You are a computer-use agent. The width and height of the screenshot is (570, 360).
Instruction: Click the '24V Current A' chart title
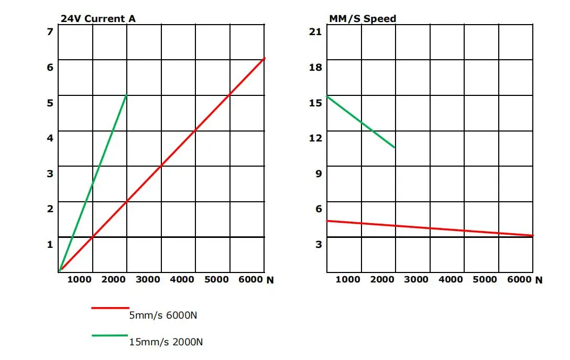click(x=98, y=19)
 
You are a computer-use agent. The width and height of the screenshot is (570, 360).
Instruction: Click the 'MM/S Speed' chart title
click(x=362, y=19)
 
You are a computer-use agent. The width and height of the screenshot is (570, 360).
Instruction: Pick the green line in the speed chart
click(x=360, y=122)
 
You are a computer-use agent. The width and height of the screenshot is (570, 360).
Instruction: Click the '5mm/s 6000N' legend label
click(x=163, y=315)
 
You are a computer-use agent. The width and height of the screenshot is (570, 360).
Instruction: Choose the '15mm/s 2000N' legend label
click(x=166, y=343)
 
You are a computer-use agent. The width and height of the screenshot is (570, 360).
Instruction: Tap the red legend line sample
click(x=110, y=308)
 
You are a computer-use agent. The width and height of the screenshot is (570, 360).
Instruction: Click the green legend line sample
click(x=110, y=335)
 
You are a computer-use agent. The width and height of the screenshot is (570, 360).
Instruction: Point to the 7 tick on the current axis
click(x=50, y=32)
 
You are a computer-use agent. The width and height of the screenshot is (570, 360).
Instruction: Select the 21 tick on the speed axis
click(x=315, y=32)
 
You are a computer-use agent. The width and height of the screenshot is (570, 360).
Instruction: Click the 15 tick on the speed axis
click(x=315, y=103)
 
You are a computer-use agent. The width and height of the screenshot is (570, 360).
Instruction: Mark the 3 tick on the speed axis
click(x=318, y=244)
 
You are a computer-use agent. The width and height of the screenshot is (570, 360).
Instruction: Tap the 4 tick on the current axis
click(x=50, y=138)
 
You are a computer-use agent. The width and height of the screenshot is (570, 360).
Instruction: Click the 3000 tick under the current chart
click(x=148, y=280)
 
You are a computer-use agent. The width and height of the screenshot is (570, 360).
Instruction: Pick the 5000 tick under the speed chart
click(x=485, y=280)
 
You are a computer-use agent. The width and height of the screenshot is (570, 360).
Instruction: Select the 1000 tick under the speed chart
click(x=348, y=280)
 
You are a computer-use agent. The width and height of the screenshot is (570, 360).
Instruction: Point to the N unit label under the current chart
click(x=270, y=280)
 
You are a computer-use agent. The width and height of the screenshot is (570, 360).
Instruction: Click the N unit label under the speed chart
click(x=539, y=280)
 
